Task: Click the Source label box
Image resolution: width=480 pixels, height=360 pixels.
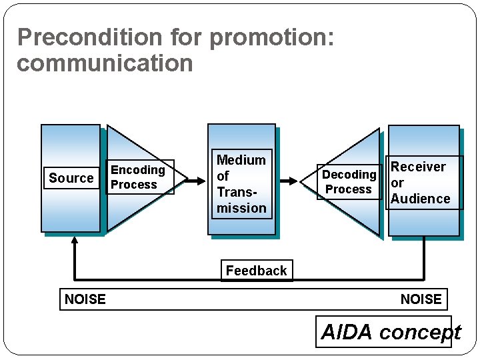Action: tap(71, 178)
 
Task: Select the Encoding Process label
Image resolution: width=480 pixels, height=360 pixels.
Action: tap(139, 177)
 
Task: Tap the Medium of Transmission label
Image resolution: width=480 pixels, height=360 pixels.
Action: tap(241, 183)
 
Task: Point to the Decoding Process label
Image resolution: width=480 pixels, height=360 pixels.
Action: tap(349, 182)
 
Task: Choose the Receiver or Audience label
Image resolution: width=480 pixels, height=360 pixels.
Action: tap(423, 183)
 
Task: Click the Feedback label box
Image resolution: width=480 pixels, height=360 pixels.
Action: tap(256, 271)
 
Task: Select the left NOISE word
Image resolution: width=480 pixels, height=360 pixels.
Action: tap(85, 299)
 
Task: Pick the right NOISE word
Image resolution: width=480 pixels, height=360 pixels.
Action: tap(421, 299)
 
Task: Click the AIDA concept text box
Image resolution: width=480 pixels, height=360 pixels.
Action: tap(390, 332)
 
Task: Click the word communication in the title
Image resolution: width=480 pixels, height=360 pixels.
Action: tap(105, 64)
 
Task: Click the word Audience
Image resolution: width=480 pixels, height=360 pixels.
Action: tap(420, 199)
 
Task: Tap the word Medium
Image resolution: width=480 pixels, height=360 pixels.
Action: tap(241, 160)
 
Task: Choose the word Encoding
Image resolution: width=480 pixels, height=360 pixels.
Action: tap(137, 170)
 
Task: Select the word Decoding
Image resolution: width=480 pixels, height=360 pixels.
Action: tap(349, 175)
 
